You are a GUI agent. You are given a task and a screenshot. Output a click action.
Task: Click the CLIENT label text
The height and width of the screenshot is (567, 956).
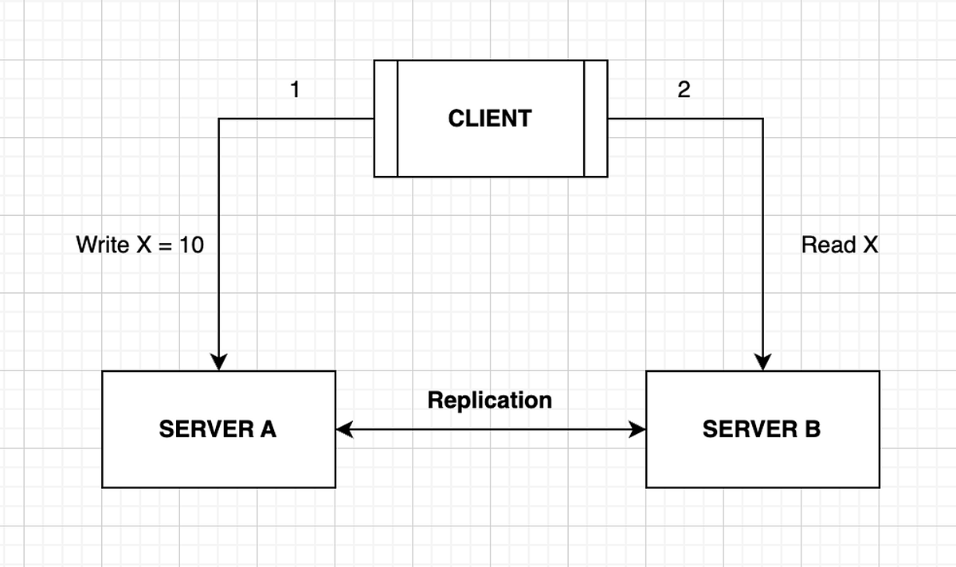pyautogui.click(x=489, y=119)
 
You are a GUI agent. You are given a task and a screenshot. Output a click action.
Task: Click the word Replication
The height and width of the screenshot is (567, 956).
pyautogui.click(x=489, y=400)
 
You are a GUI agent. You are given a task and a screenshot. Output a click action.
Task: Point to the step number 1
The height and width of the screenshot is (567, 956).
pyautogui.click(x=295, y=90)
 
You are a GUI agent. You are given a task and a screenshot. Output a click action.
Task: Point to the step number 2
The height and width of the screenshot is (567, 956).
pyautogui.click(x=684, y=90)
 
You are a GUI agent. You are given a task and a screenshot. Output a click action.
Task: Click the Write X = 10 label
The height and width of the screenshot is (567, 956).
pyautogui.click(x=139, y=244)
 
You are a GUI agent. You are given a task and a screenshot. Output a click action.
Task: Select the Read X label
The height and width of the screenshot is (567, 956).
pyautogui.click(x=839, y=244)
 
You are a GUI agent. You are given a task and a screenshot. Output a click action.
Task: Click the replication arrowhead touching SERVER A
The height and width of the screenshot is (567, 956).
pyautogui.click(x=344, y=430)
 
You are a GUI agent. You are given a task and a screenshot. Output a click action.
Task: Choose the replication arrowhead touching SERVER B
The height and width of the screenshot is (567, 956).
pyautogui.click(x=637, y=430)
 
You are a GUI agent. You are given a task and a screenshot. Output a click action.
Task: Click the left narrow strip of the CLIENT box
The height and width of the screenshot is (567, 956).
pyautogui.click(x=386, y=118)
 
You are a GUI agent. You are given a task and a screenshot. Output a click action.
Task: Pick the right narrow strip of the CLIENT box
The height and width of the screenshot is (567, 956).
pyautogui.click(x=596, y=118)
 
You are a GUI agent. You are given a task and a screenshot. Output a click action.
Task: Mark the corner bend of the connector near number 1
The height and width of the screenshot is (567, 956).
pyautogui.click(x=219, y=119)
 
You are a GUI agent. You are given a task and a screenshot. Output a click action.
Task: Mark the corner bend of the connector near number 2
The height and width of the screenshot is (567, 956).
pyautogui.click(x=763, y=119)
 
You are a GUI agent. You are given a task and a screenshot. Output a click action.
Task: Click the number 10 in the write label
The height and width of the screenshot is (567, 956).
pyautogui.click(x=191, y=244)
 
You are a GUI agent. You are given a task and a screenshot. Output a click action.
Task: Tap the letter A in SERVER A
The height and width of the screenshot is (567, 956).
pyautogui.click(x=268, y=429)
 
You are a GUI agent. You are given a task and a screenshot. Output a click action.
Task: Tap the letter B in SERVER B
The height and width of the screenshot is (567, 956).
pyautogui.click(x=811, y=429)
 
